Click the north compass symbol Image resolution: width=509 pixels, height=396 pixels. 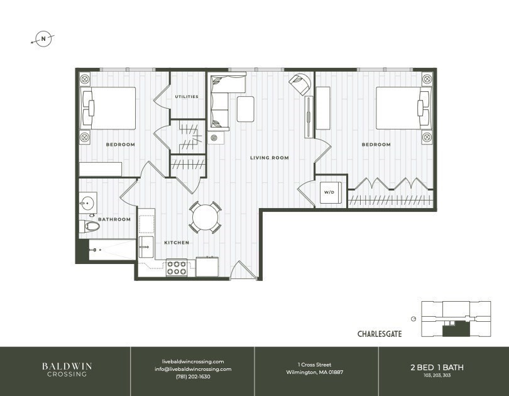point(43,39)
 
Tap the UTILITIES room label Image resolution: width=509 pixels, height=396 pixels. point(187,97)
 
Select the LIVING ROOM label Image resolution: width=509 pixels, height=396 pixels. point(269,158)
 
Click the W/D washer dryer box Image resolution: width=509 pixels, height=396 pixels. point(329,193)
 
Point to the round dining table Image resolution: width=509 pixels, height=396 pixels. point(205,218)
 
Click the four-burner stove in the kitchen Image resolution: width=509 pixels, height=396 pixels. point(177,268)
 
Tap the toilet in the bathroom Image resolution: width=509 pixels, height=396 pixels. point(90,226)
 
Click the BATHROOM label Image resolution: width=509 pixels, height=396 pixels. point(114,219)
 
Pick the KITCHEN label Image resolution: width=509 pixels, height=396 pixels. point(177,243)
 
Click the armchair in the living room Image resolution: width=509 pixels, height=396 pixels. point(300,82)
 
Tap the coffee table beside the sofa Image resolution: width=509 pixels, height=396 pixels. point(246,108)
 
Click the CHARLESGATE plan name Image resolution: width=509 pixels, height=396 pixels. point(379,334)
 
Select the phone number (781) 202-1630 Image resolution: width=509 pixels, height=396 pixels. point(192,377)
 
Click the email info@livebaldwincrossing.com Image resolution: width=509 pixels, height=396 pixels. point(192,369)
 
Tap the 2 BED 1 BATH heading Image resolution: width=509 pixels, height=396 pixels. point(443,366)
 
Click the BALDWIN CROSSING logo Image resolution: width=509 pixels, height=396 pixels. point(65,369)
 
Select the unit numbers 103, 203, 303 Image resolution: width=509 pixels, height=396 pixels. point(443,375)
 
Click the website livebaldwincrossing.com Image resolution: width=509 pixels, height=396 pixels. point(192,361)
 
